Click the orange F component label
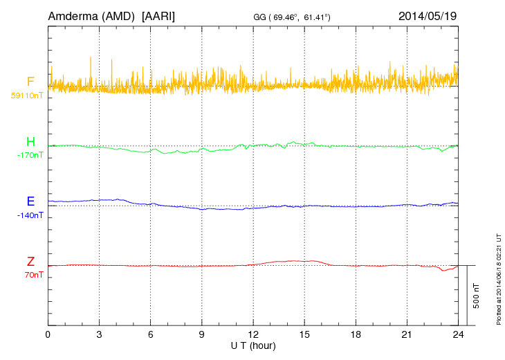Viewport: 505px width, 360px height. [x=30, y=82]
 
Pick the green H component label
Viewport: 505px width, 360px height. [x=30, y=142]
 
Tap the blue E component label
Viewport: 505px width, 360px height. [x=30, y=201]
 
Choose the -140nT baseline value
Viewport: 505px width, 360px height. [x=30, y=215]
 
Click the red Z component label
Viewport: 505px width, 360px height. [x=30, y=261]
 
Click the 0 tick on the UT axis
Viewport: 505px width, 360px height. [x=48, y=334]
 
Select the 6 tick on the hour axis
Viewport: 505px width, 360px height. [x=151, y=334]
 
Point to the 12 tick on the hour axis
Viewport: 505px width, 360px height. [x=253, y=334]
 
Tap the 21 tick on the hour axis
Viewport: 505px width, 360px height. [x=407, y=334]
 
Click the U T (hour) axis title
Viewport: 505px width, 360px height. [x=253, y=345]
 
